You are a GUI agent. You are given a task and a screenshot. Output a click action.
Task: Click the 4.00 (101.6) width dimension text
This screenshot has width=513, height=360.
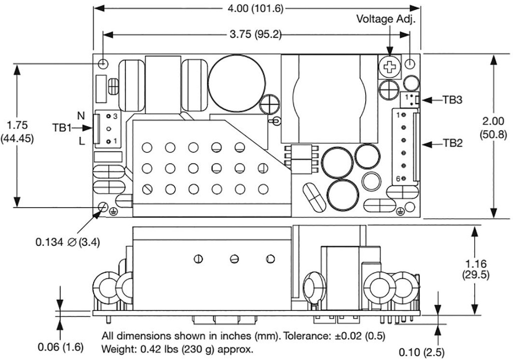coord(256,9)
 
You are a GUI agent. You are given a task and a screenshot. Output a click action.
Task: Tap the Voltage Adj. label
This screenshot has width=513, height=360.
coord(386,19)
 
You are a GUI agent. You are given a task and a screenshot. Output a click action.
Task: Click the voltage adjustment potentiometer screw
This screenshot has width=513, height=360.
coord(390,66)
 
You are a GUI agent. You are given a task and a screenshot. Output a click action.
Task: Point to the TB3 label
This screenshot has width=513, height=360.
coord(452,99)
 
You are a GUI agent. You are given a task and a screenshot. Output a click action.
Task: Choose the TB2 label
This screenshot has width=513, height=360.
coord(452,143)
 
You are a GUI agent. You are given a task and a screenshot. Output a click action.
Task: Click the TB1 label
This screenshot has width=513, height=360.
coord(62,127)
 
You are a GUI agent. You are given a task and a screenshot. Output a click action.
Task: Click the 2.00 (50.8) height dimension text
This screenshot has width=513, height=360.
coord(493,127)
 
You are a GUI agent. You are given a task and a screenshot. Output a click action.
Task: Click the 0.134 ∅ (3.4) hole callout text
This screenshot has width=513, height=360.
coord(68,242)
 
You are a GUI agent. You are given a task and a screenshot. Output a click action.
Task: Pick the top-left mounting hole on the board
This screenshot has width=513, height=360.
coord(103,63)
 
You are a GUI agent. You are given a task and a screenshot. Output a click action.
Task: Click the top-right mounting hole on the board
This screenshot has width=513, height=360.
coord(410,64)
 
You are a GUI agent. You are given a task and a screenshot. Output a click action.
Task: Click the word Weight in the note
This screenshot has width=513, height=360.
coord(117,348)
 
